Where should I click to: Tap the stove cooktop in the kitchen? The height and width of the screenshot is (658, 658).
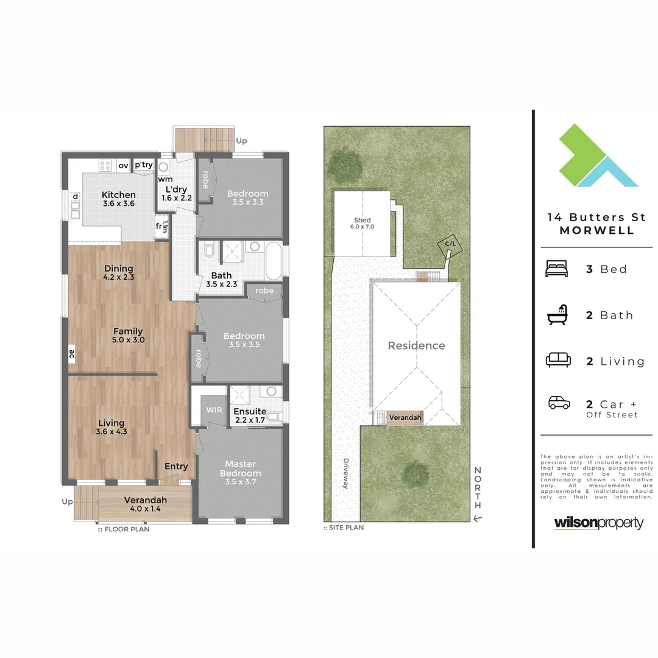pos(105,164)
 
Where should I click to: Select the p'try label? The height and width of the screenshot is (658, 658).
pos(144,165)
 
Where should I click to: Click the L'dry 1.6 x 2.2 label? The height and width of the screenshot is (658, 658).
pos(177,193)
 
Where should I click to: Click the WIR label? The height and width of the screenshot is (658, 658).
pos(214,410)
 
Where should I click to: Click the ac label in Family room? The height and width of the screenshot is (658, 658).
pos(71,353)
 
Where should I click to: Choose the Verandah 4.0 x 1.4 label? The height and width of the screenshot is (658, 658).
pos(145,504)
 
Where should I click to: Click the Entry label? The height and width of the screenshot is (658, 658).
pos(176,467)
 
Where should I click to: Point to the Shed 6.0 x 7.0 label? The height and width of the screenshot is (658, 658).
pos(362,223)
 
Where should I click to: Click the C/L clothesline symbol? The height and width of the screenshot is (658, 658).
pos(450,245)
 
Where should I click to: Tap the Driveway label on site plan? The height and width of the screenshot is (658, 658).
pos(346,473)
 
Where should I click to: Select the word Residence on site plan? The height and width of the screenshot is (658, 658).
pos(416,345)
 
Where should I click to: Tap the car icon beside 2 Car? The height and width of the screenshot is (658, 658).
pos(559,403)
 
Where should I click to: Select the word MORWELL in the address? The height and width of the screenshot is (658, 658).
pos(596,230)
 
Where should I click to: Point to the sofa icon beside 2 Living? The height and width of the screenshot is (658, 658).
pos(558,360)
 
